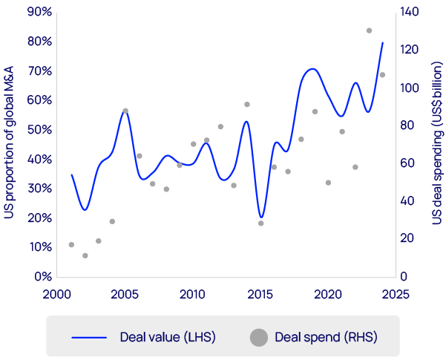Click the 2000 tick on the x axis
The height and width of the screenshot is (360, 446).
(x=57, y=293)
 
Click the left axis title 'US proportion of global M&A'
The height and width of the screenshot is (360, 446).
(x=10, y=144)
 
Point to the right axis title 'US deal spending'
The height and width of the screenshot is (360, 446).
(x=437, y=144)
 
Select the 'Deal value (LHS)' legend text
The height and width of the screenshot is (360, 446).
(x=168, y=337)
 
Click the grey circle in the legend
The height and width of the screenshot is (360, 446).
(x=258, y=337)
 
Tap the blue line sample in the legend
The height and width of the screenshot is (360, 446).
(x=91, y=337)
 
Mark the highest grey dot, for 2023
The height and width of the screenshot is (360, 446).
(x=369, y=30)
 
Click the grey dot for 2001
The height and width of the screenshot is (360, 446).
(x=71, y=244)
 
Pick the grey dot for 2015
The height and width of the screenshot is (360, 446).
(x=260, y=223)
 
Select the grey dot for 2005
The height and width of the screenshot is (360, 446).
(x=125, y=111)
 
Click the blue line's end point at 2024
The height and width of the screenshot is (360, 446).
(x=383, y=42)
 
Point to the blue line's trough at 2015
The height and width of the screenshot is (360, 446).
(x=260, y=217)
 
